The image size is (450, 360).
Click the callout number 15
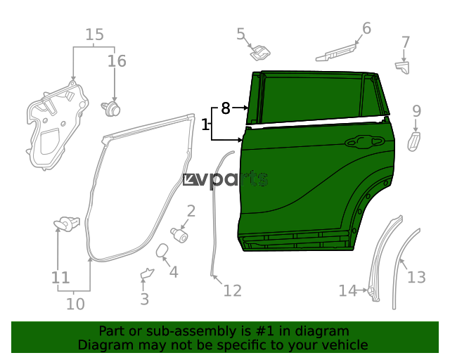(95, 34)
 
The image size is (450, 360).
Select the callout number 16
(117, 61)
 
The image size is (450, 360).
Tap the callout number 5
(240, 34)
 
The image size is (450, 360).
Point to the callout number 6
(366, 28)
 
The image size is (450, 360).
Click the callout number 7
(405, 42)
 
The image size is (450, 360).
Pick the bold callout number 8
(226, 108)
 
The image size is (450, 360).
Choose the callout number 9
(417, 111)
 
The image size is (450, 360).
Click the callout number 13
(416, 277)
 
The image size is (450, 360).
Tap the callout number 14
(347, 290)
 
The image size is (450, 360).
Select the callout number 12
(233, 290)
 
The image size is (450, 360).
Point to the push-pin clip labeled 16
(111, 109)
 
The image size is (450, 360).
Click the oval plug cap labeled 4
(162, 250)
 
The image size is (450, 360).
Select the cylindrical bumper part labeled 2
(179, 235)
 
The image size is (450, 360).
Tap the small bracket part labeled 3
(147, 274)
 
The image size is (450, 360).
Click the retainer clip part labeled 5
(259, 53)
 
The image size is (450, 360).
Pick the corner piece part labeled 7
(403, 67)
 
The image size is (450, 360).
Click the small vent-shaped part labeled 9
(414, 141)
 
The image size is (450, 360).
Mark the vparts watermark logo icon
(190, 180)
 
